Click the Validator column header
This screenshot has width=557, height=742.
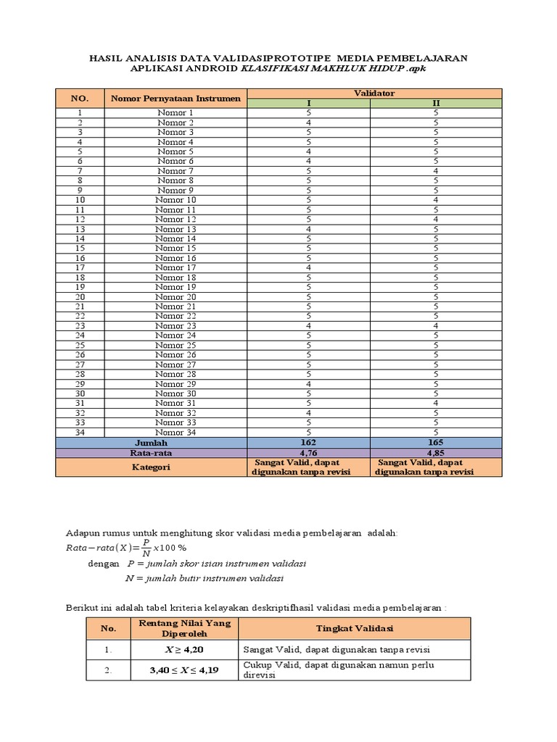(x=374, y=93)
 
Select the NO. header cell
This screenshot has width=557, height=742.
(x=79, y=98)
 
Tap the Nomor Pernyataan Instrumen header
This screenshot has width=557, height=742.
(x=175, y=98)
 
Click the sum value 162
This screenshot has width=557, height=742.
(x=309, y=442)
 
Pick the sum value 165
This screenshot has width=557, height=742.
(x=436, y=442)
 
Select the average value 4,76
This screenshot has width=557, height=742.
(x=309, y=453)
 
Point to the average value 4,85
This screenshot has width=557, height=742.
(x=436, y=453)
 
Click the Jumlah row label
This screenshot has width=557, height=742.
(x=151, y=442)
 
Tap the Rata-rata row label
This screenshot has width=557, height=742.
(x=151, y=453)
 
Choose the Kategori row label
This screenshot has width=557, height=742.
(x=151, y=467)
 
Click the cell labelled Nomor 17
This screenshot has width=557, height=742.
(x=176, y=267)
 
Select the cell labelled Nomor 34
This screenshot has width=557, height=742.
(x=176, y=433)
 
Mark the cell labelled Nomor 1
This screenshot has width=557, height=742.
(x=176, y=113)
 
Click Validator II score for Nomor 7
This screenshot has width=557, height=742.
(x=436, y=171)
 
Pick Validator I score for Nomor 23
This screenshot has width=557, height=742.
(x=309, y=326)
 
